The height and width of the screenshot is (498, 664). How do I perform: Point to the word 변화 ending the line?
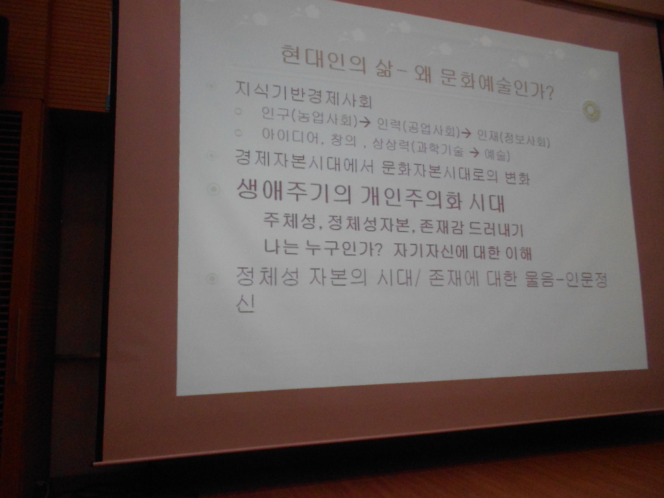(517, 178)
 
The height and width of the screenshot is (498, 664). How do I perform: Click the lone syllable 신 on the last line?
(245, 303)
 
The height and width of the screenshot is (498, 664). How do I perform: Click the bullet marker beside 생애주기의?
(213, 189)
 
